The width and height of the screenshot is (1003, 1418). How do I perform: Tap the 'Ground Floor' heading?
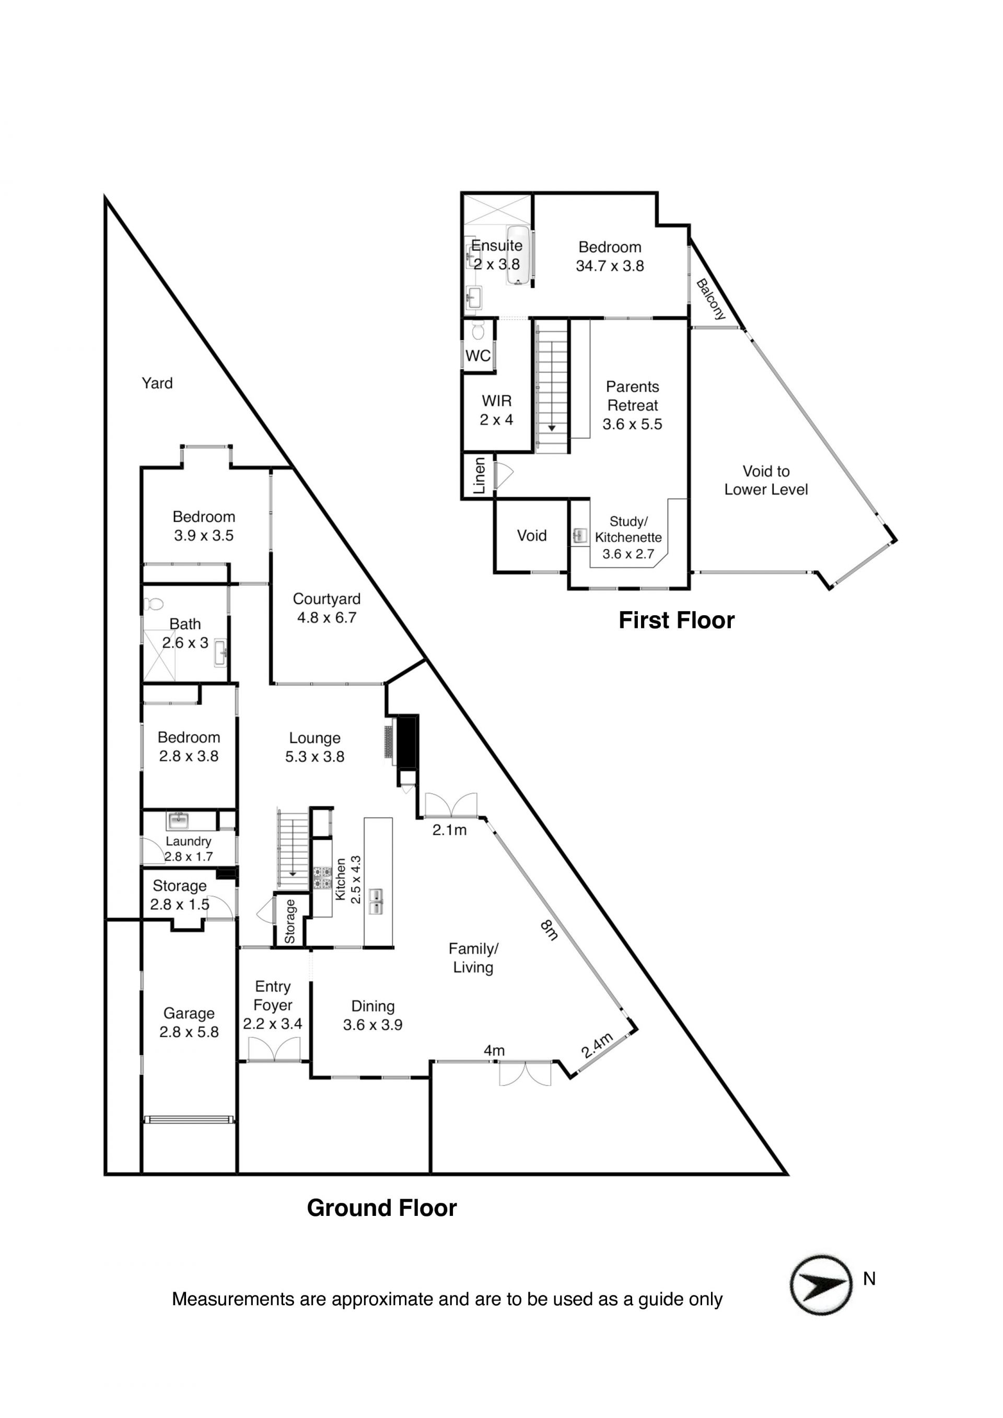(x=382, y=1208)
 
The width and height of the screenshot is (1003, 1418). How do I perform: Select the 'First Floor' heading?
(x=677, y=620)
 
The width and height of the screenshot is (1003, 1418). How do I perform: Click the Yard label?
(x=157, y=383)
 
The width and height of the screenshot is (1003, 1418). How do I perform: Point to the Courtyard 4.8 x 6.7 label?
(x=326, y=608)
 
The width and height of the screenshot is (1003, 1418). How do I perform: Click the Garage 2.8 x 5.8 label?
(x=189, y=1022)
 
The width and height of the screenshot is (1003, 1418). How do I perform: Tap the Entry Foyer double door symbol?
(x=273, y=1049)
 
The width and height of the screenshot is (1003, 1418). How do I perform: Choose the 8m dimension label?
(x=549, y=930)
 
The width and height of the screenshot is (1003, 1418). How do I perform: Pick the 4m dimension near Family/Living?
(x=494, y=1050)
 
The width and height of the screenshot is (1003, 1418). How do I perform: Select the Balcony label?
(x=711, y=300)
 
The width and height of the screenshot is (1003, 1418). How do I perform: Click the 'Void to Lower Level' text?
(x=766, y=481)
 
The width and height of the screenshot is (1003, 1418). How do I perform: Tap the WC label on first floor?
(x=477, y=356)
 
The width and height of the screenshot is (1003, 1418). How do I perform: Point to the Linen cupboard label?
(x=479, y=476)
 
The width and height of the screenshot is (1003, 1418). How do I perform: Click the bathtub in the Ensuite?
(x=519, y=255)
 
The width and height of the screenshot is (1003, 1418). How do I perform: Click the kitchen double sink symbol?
(x=376, y=901)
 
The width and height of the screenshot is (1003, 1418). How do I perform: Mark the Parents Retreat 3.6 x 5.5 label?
(x=633, y=405)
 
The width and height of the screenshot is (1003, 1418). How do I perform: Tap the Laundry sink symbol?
(x=179, y=821)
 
